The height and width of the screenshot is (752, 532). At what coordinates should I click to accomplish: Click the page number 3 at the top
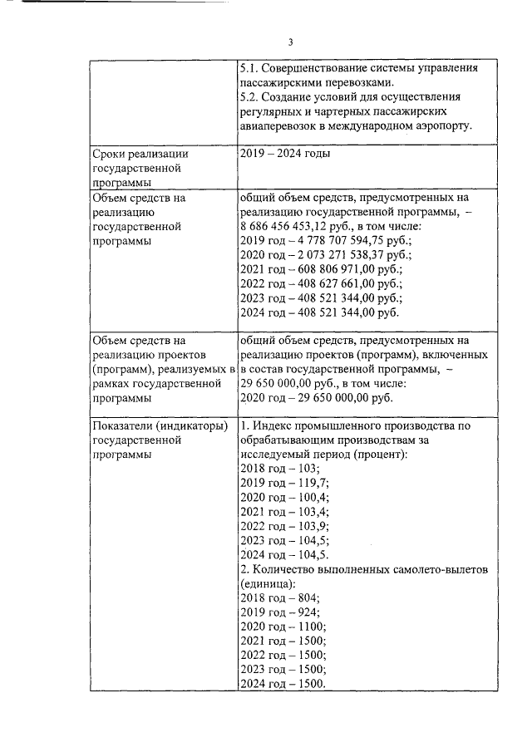[291, 42]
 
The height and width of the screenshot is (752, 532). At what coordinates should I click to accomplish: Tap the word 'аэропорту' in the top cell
[439, 125]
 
